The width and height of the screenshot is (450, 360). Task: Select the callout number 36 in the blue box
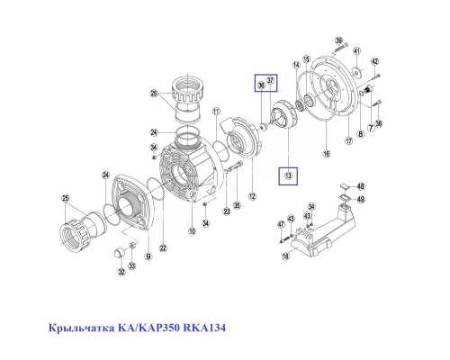tap(260, 85)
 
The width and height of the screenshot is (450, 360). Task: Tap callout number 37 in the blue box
tap(270, 82)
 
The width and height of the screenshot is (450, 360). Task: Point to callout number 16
tap(327, 155)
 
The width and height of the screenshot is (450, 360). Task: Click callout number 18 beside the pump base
tap(286, 256)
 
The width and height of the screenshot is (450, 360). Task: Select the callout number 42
tap(375, 60)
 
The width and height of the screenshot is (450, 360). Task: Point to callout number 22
tap(163, 248)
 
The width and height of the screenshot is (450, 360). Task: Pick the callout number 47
tap(280, 223)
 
